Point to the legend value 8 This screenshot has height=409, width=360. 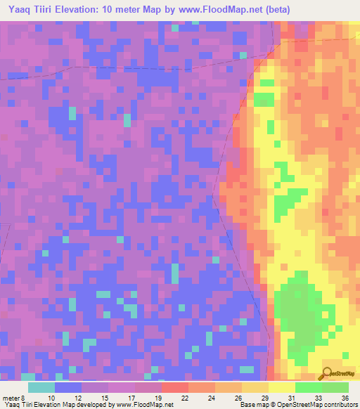pos(25,397)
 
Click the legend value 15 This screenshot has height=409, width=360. pos(108,397)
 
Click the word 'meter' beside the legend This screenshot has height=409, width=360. pos(11,397)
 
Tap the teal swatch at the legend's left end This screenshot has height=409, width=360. pos(41,387)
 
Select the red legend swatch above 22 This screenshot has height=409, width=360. pos(175,387)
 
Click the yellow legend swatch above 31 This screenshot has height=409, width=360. pos(282,387)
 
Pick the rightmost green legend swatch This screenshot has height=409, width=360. pos(335,387)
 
